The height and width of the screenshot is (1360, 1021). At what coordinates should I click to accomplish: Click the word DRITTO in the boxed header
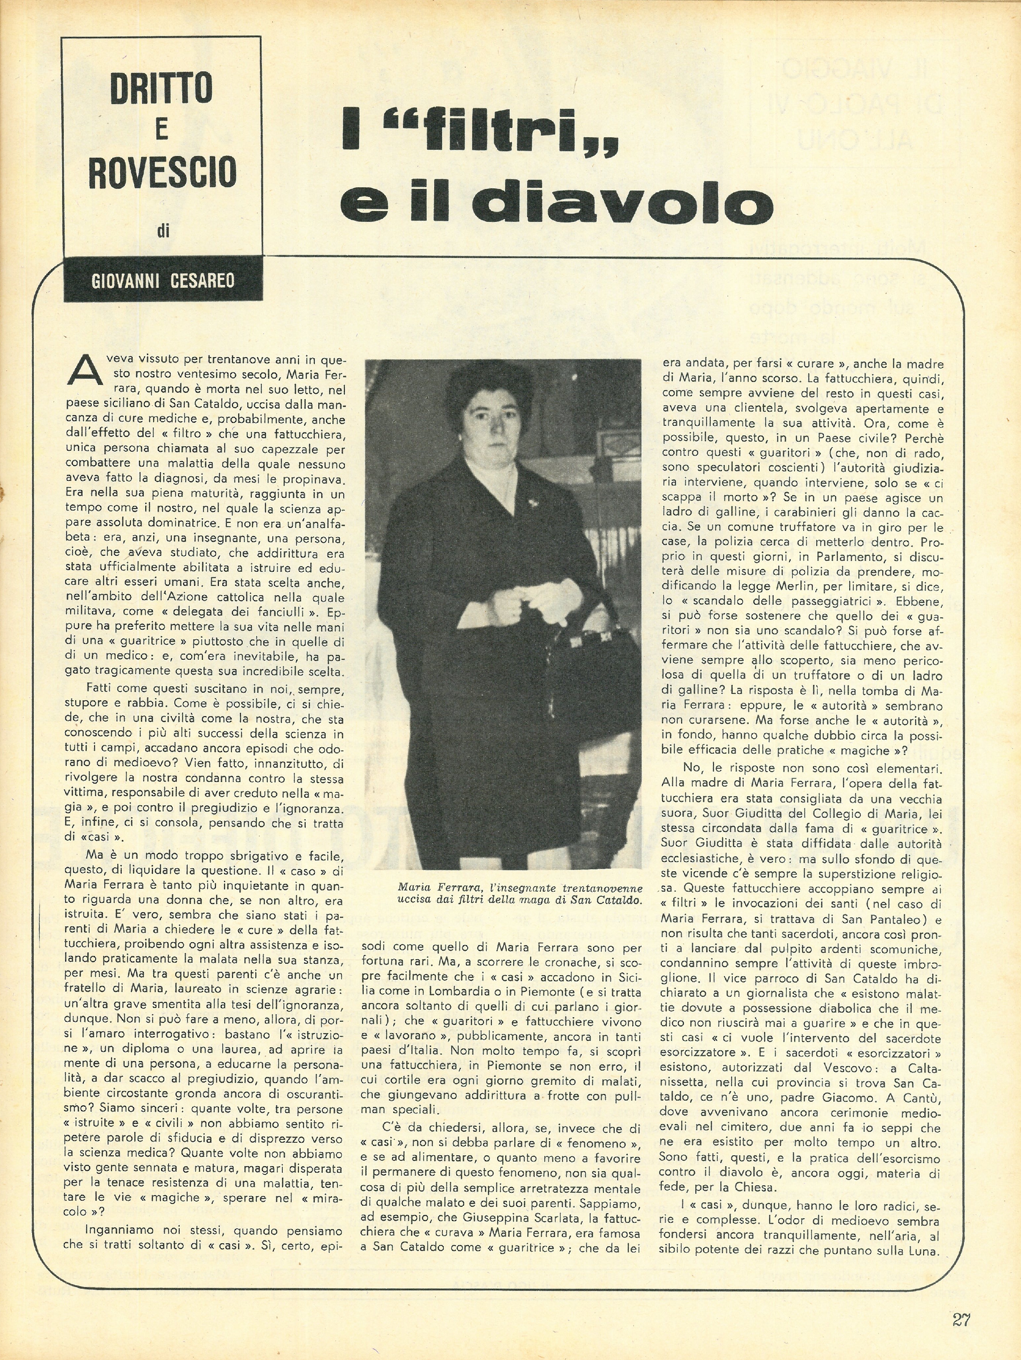pyautogui.click(x=162, y=88)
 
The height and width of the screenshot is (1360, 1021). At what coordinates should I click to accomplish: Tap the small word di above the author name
pyautogui.click(x=163, y=231)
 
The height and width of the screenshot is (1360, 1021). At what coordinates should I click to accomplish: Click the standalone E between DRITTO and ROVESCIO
pyautogui.click(x=162, y=129)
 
